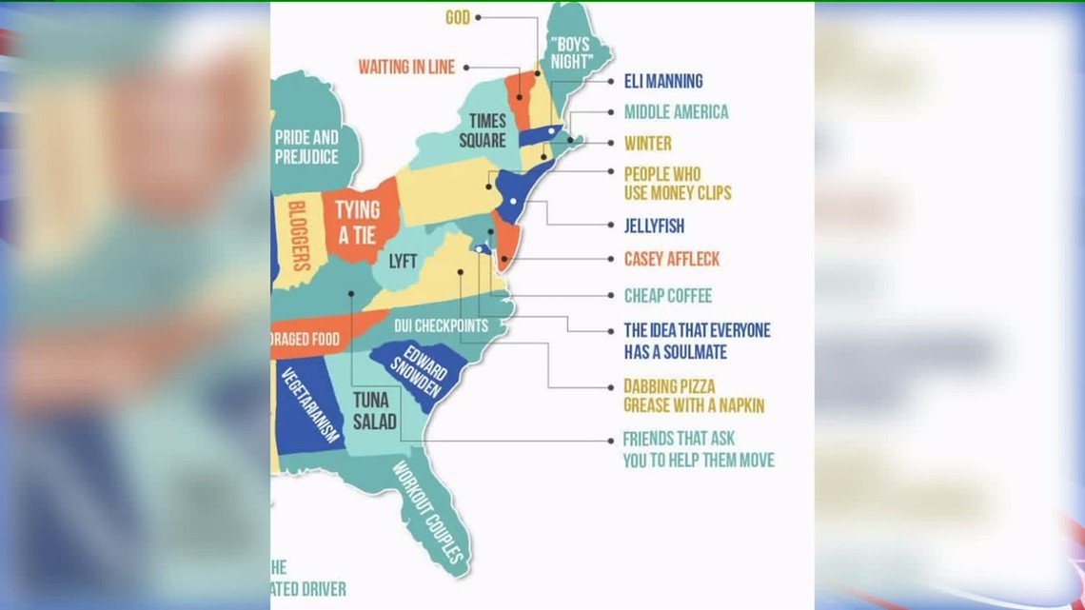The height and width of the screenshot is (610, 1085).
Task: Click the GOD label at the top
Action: coord(458,17)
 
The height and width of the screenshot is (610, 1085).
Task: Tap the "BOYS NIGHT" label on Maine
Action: coord(572,52)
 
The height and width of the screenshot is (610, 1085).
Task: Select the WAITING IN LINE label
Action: coord(406,67)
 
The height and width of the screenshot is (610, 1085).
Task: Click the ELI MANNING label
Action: coord(663,82)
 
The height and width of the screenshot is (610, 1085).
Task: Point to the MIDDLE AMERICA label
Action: coord(676,112)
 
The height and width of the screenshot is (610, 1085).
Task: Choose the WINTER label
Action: coord(647,144)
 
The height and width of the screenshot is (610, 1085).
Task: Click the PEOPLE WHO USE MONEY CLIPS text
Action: coord(677,184)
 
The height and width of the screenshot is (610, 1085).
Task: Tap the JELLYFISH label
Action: coord(654,226)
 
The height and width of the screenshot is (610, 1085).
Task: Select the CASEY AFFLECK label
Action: coord(671,259)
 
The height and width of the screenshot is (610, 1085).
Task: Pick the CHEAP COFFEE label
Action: coord(667,296)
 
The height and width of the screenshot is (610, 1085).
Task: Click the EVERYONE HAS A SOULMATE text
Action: coord(697,341)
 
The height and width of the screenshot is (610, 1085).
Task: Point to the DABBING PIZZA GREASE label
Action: coord(693,396)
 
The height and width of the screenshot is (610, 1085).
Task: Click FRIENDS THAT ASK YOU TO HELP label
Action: coord(698,449)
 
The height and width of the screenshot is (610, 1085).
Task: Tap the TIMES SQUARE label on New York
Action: coord(483,130)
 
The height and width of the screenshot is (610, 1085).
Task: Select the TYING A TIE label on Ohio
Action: coord(357,222)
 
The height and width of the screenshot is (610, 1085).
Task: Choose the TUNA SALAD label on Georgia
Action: coord(374,410)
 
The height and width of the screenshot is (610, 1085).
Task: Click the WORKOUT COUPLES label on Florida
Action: coord(429,515)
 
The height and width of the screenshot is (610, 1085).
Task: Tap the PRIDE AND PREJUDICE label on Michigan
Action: coord(306,147)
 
